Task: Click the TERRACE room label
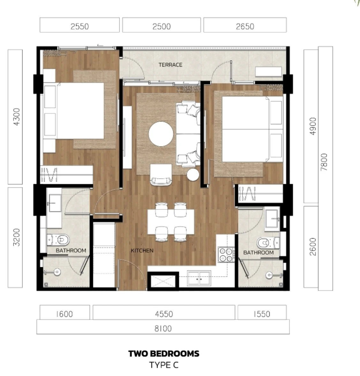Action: click(170, 65)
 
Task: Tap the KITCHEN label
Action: click(142, 251)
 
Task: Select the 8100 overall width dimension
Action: click(163, 328)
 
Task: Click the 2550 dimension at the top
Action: click(80, 26)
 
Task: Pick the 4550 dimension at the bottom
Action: click(164, 314)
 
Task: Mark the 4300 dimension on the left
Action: click(17, 117)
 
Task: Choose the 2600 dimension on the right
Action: click(313, 247)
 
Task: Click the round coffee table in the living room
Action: click(161, 134)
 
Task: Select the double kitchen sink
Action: click(199, 278)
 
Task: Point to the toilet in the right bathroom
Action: click(268, 243)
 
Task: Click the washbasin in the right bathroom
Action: click(272, 218)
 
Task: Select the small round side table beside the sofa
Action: click(193, 175)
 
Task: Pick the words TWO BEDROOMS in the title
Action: click(164, 354)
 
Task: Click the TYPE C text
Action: click(164, 365)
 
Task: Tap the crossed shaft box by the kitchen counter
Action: click(163, 281)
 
